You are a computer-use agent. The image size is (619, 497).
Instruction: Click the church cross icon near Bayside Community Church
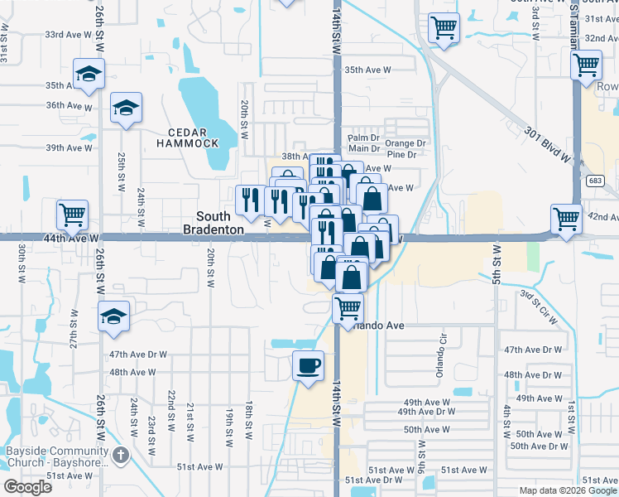(121, 455)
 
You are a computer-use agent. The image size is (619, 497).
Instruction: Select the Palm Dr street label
(363, 138)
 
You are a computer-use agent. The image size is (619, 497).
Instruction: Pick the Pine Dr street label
(401, 154)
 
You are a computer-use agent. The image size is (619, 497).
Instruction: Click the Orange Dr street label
(405, 142)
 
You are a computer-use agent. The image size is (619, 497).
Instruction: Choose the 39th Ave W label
(69, 147)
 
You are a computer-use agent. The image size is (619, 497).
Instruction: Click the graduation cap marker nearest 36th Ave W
(127, 108)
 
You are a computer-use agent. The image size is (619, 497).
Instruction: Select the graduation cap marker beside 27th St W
(113, 316)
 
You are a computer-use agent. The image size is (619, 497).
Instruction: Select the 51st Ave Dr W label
(372, 480)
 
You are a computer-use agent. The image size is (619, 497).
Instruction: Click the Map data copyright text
(569, 490)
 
